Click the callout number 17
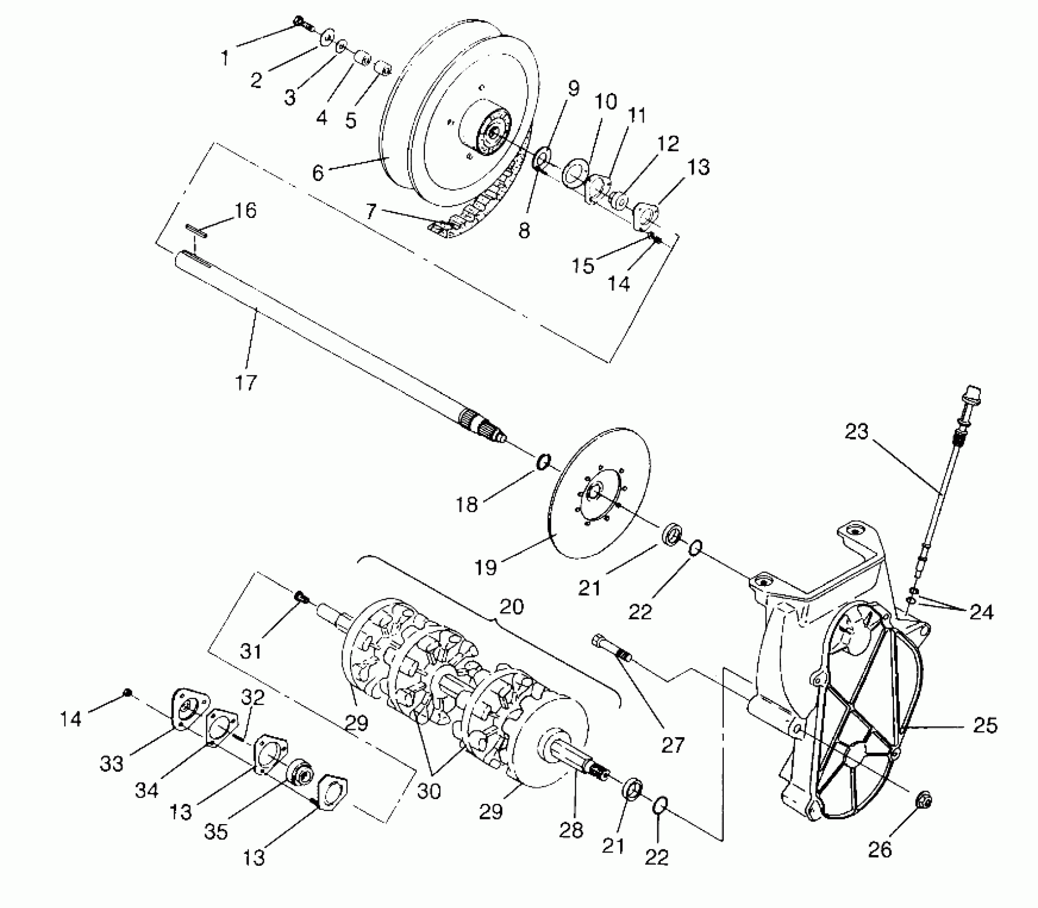[x=246, y=382]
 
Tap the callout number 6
[x=318, y=173]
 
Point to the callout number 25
[x=985, y=725]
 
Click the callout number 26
[x=880, y=849]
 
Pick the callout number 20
[x=512, y=606]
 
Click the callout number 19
[x=486, y=567]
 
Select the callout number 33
[x=112, y=764]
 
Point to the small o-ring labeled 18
[x=543, y=461]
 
